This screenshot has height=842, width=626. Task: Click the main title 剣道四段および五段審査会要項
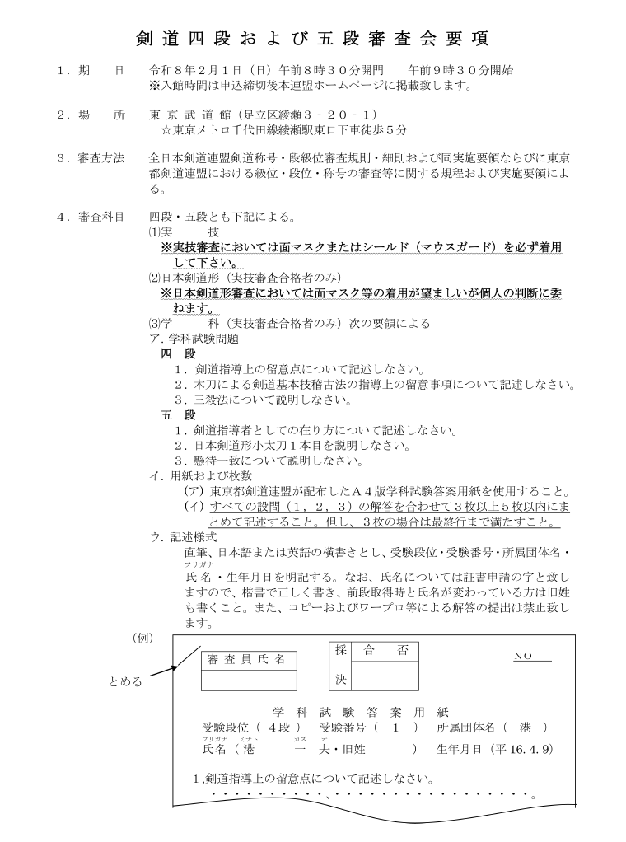[312, 39]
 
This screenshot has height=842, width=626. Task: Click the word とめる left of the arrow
[126, 681]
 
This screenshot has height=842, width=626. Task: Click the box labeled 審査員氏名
[249, 670]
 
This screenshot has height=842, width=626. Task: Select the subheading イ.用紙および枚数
[200, 475]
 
